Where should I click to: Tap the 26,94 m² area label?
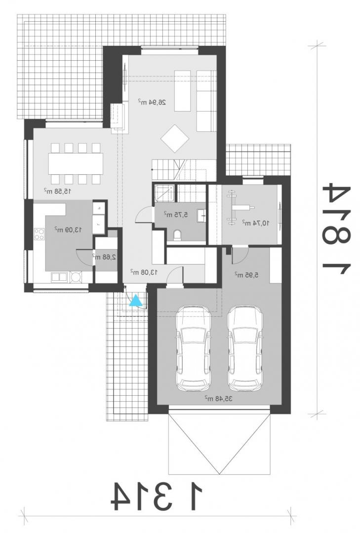tap(152, 101)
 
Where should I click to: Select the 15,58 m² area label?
tap(57, 190)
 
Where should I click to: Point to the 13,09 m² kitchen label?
tap(68, 229)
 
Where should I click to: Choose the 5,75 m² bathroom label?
tap(176, 215)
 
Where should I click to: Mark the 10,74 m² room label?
tap(255, 223)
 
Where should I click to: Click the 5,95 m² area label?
tap(246, 273)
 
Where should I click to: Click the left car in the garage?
tap(193, 348)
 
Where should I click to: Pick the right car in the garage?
tap(245, 348)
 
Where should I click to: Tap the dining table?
tap(76, 163)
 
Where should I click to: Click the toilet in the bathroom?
tap(177, 235)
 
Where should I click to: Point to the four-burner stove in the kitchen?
tap(39, 234)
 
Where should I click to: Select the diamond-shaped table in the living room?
tap(175, 138)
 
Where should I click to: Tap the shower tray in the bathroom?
tap(164, 193)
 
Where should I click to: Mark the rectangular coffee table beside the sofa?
tap(182, 91)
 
